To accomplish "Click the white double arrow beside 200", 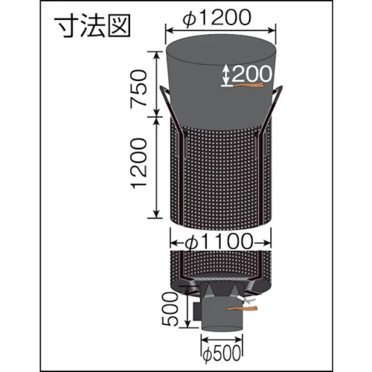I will click(x=225, y=75).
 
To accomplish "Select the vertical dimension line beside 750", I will click(x=156, y=83).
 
